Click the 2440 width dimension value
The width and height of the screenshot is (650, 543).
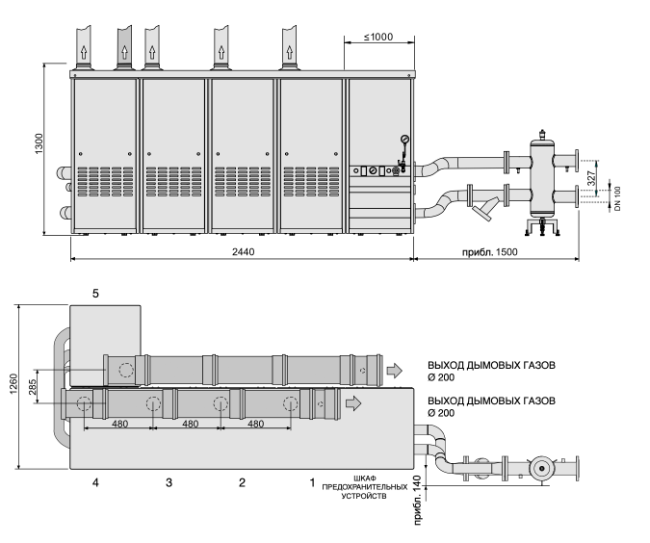tap(243, 252)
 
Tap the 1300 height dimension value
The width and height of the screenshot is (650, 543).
tap(39, 143)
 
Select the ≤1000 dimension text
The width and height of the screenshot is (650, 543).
tap(378, 37)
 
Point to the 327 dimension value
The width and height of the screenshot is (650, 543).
tap(591, 178)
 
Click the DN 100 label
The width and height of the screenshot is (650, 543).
tap(617, 198)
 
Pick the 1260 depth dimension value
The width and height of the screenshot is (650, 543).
tap(14, 384)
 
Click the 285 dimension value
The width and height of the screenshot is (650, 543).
tap(33, 386)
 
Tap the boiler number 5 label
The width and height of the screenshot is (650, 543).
tap(95, 294)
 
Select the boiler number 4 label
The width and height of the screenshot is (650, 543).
tap(95, 482)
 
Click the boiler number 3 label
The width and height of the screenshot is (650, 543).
tap(169, 482)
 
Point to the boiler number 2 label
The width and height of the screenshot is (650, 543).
tap(242, 482)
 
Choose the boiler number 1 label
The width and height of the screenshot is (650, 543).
tap(313, 482)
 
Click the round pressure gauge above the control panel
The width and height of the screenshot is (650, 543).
tap(404, 139)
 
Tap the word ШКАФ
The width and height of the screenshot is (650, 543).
tap(365, 478)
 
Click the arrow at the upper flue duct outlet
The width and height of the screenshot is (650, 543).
tap(395, 370)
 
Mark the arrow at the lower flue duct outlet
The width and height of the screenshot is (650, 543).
tap(353, 402)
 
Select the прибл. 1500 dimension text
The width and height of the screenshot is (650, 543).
tap(490, 252)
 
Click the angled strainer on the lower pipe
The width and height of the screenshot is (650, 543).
tap(483, 210)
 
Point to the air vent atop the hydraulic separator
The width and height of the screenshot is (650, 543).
tap(542, 134)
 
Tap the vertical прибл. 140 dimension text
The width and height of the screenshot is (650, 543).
tap(418, 500)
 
